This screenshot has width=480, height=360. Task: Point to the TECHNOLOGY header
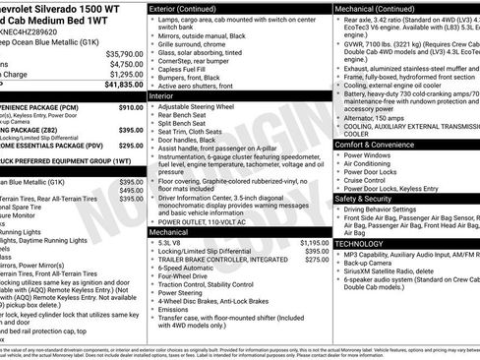point(359,242)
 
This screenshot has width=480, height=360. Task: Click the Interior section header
point(163,96)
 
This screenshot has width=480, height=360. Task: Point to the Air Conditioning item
point(375,163)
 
